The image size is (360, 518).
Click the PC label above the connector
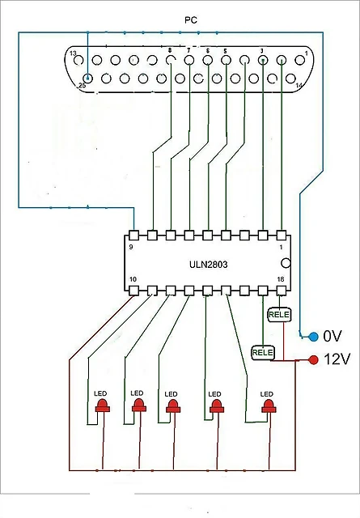[191, 20]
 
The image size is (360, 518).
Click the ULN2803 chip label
[209, 265]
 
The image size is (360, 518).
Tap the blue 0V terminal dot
[313, 337]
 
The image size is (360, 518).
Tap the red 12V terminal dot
[313, 359]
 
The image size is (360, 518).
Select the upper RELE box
[279, 314]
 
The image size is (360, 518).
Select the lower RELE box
[263, 353]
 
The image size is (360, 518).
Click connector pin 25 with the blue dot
[87, 79]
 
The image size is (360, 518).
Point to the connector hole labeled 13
[78, 60]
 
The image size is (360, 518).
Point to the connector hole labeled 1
[300, 60]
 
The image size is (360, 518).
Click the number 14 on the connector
[299, 85]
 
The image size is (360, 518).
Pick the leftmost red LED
[103, 405]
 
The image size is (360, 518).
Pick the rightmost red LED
[269, 406]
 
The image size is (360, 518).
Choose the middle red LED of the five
[173, 406]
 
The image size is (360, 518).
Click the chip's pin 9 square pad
[133, 236]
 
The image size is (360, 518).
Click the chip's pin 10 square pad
[133, 291]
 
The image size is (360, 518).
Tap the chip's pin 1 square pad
[281, 236]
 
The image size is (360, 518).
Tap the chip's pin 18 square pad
[281, 291]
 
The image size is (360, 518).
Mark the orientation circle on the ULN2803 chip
[286, 263]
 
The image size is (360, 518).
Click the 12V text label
[337, 359]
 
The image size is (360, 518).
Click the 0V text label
[332, 337]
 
